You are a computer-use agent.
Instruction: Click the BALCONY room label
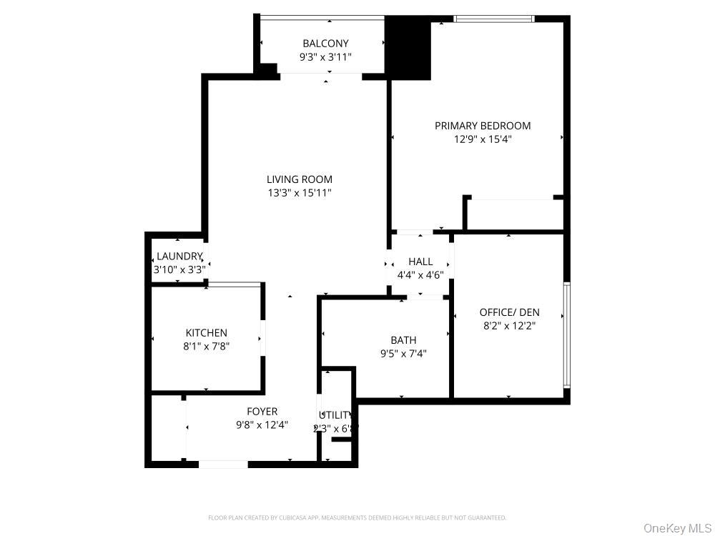325,44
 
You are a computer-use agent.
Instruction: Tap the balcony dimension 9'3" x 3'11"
325,57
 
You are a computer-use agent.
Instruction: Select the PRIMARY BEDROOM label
483,126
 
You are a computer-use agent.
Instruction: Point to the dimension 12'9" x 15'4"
483,139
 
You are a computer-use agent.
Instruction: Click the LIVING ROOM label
299,179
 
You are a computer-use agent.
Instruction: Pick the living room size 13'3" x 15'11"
299,193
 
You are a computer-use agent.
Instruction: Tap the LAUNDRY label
179,257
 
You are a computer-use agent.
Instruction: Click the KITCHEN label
206,333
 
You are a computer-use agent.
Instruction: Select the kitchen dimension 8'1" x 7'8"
206,346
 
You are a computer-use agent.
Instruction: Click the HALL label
420,262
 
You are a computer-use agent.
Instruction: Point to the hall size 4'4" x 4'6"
420,274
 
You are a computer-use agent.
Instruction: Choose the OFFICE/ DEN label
509,312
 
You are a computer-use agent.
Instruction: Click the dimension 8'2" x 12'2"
509,325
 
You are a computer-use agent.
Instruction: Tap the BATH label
403,340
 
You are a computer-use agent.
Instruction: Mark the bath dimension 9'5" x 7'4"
403,353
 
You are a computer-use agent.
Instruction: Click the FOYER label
262,412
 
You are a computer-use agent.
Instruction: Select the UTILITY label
335,415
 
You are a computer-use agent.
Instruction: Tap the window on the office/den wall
566,334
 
